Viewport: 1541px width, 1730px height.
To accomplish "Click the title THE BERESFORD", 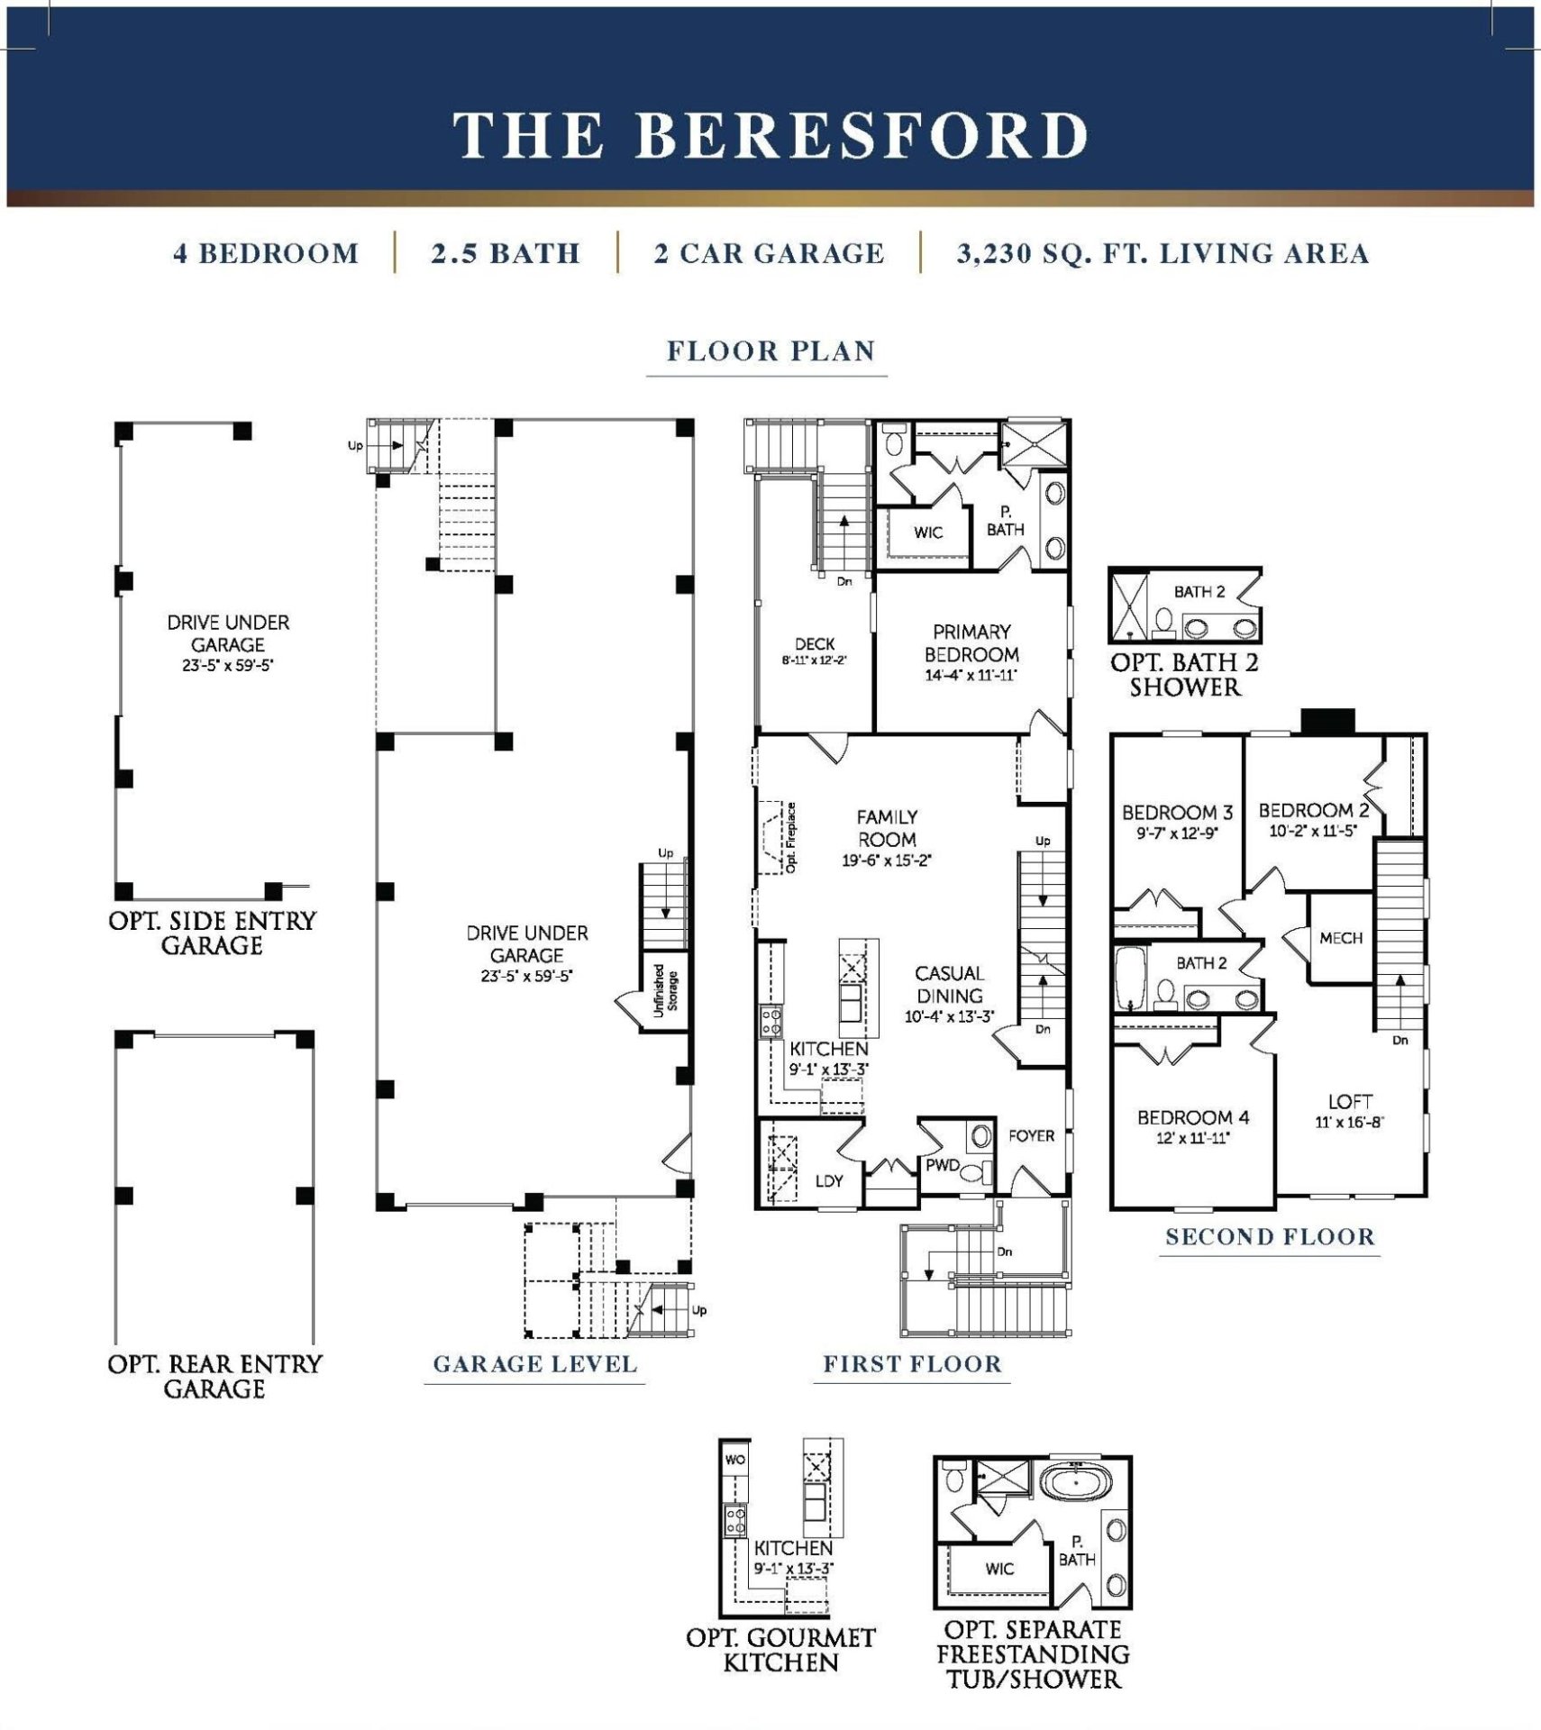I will click(x=770, y=135).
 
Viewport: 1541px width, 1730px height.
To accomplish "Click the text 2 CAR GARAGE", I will click(x=769, y=254).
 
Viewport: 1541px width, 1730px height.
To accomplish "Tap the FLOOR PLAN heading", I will click(x=770, y=351).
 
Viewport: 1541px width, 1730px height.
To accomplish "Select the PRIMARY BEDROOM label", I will click(x=971, y=643).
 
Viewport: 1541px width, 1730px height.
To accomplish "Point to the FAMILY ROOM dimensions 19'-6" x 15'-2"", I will click(x=887, y=860).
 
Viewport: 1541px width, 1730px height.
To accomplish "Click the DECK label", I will click(x=815, y=644).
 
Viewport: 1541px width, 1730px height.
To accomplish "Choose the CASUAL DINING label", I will click(x=949, y=984).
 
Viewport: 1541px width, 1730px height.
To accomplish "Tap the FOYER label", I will click(x=1031, y=1136).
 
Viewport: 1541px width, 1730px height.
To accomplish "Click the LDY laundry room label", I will click(x=828, y=1180).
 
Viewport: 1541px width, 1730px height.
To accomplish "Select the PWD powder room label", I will click(x=942, y=1165).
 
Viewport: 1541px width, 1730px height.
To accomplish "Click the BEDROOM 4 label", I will click(x=1193, y=1117).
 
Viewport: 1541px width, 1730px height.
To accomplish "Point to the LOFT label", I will click(x=1350, y=1101).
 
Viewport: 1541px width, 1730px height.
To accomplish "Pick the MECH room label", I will click(x=1340, y=938).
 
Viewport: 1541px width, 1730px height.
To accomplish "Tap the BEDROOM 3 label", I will click(x=1177, y=813).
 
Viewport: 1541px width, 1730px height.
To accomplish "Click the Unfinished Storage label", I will click(x=665, y=990).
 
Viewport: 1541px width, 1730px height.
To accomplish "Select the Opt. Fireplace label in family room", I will click(x=791, y=837).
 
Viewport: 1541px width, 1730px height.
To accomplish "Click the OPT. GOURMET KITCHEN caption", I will click(x=780, y=1650).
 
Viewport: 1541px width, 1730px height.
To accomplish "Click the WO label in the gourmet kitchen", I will click(x=734, y=1460).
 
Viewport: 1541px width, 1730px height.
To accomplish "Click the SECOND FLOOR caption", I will click(x=1270, y=1237).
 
